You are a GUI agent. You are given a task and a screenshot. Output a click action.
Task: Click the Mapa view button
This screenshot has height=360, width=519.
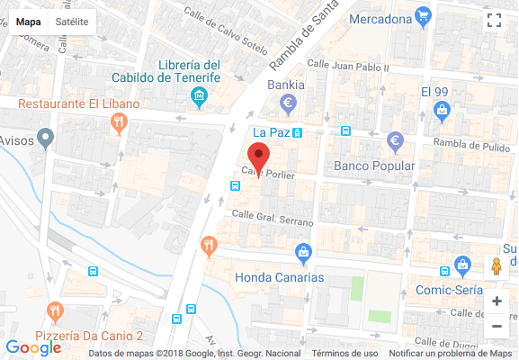coord(29,21)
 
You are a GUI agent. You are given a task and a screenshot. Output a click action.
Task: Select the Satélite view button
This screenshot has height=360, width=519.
coord(72,21)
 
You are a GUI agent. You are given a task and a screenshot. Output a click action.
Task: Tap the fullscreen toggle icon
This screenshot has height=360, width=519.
coord(493,21)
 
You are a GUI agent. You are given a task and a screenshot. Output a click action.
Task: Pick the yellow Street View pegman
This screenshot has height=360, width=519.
coord(497,267)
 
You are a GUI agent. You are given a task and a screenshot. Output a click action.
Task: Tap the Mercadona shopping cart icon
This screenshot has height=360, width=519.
coord(423,16)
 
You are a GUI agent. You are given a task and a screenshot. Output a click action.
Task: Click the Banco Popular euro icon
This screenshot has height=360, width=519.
coord(394,141)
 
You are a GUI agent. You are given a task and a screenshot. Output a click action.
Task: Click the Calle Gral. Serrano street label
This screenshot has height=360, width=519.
coord(273,216)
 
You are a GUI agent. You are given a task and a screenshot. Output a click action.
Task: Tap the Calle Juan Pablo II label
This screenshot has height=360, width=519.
coord(347,66)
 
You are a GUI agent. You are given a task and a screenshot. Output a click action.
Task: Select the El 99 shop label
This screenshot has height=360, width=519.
coord(434,92)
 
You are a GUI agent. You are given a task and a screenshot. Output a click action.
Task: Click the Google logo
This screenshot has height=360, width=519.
coord(33,347)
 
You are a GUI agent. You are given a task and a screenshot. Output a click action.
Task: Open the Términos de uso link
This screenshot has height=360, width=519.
coord(345,354)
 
